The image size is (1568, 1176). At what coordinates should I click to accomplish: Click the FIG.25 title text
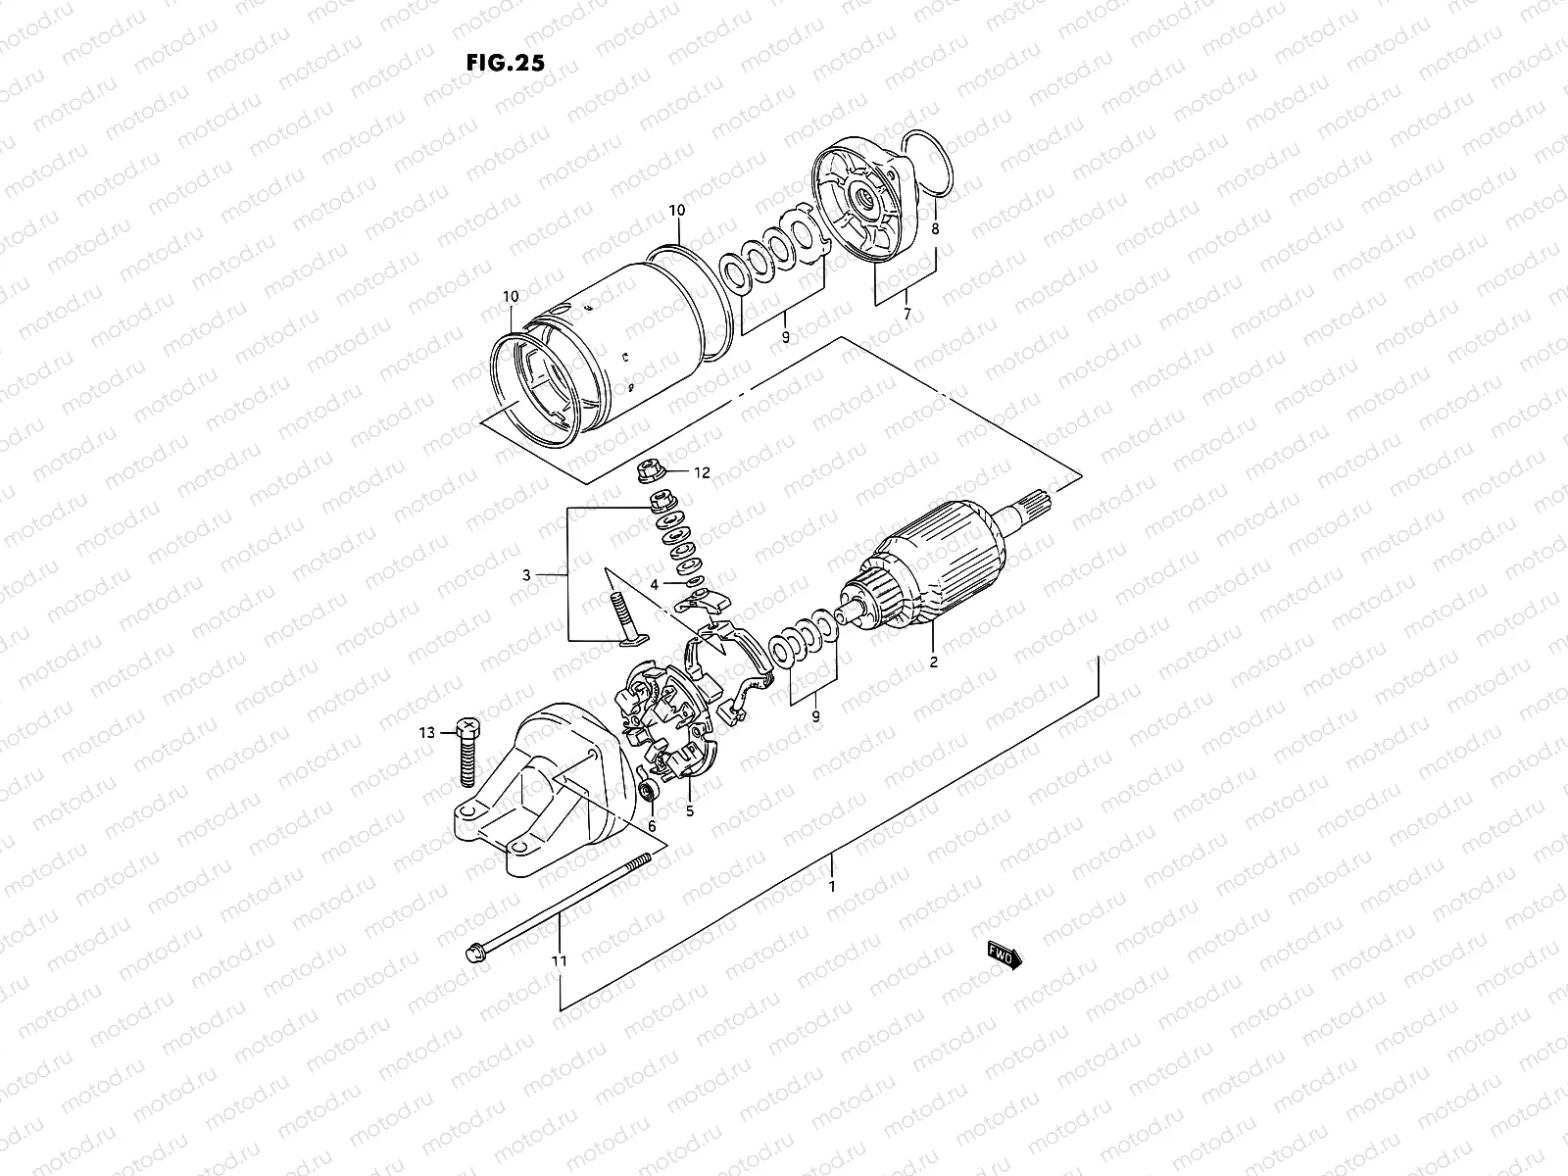tap(506, 62)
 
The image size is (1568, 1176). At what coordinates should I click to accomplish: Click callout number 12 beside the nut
tap(702, 472)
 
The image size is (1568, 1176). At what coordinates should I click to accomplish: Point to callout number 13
tap(425, 732)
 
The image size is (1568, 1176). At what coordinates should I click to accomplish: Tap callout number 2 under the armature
tap(933, 662)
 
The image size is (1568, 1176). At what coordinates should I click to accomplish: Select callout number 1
tap(832, 887)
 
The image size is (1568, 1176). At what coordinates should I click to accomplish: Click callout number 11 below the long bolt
tap(559, 961)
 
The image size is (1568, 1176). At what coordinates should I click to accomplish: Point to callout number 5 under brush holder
tap(690, 811)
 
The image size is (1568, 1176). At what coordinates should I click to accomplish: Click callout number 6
tap(651, 827)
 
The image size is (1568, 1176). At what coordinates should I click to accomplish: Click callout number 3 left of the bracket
tap(526, 575)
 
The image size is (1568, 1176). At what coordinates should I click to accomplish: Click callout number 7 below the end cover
tap(906, 316)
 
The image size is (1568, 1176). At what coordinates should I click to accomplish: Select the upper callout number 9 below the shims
tap(785, 337)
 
